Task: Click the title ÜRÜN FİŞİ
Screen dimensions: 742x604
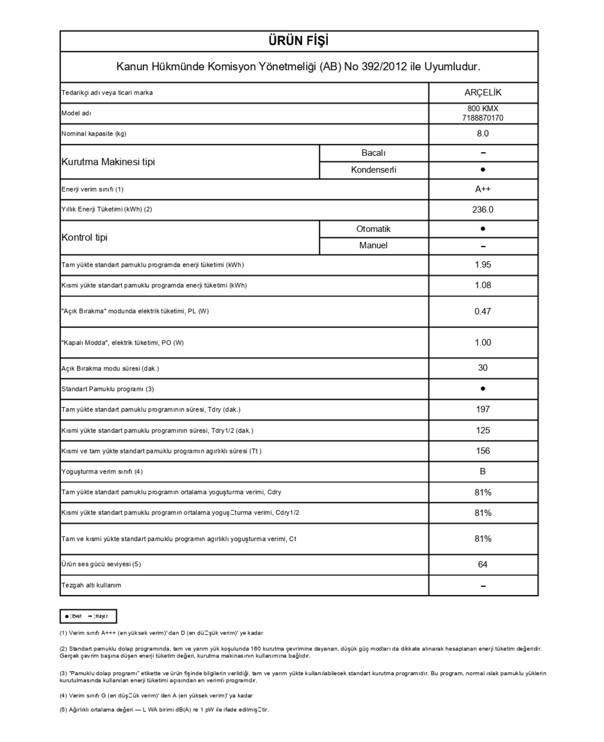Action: (299, 41)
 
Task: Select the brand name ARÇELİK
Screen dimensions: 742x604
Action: (483, 93)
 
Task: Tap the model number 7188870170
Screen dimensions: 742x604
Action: (483, 118)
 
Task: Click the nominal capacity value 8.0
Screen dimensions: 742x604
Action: (483, 134)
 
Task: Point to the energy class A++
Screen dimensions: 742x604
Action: (483, 189)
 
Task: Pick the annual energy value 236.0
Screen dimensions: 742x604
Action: (483, 210)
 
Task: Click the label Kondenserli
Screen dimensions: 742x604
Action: (374, 170)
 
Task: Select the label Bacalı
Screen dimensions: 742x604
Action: (374, 153)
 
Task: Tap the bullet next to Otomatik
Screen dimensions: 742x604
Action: (483, 229)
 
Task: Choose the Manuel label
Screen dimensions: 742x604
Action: (374, 245)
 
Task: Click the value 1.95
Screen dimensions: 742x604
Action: (483, 265)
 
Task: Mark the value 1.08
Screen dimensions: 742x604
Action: (483, 285)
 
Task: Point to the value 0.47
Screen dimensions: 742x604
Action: (483, 311)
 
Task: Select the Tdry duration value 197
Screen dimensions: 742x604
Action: (483, 409)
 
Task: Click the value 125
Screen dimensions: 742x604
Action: (483, 430)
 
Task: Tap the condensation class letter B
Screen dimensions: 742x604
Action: (483, 471)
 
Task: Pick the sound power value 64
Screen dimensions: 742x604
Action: (483, 564)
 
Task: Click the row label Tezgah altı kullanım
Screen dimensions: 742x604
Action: (91, 585)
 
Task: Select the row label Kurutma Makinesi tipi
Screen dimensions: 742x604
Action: (108, 162)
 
